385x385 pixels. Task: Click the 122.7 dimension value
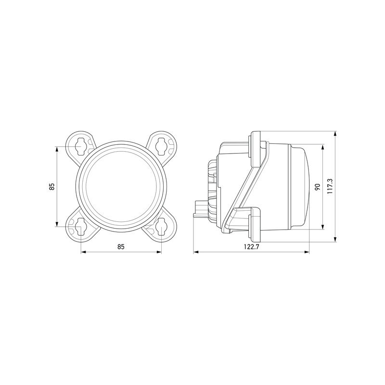click(x=251, y=247)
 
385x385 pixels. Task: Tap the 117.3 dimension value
click(x=330, y=186)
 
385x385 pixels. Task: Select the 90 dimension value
click(x=317, y=187)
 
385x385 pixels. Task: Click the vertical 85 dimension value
click(x=51, y=187)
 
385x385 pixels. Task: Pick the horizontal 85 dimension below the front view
click(x=121, y=246)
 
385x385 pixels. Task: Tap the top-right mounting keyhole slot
click(x=161, y=147)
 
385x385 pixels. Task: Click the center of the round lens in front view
click(x=120, y=187)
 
